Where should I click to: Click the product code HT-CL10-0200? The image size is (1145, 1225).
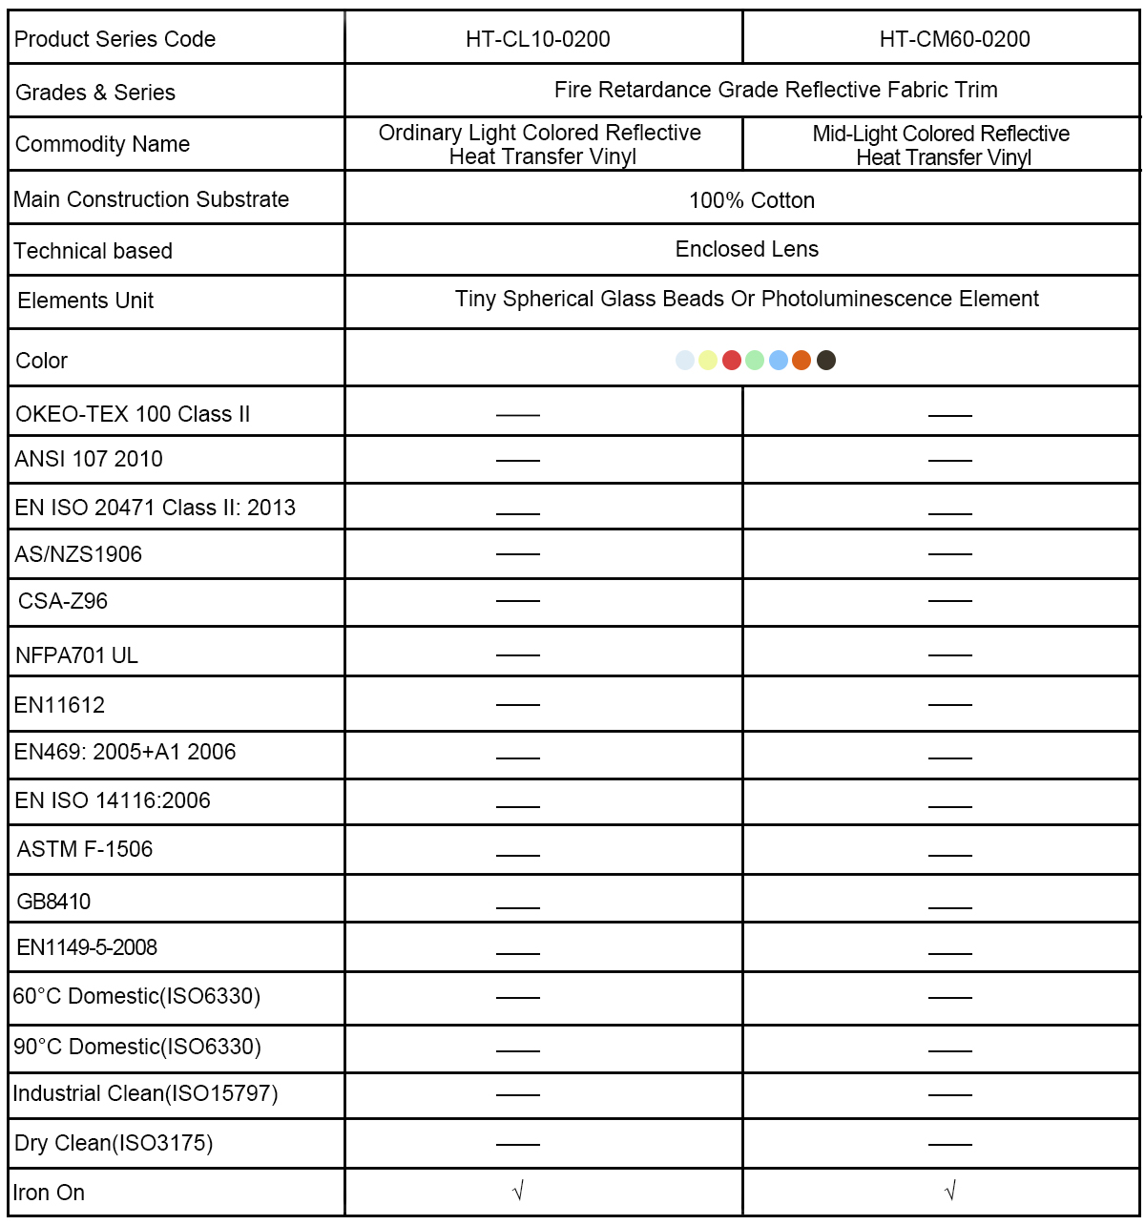tap(537, 39)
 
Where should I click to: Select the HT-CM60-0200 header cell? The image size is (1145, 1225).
tap(954, 39)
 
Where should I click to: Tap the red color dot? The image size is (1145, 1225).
tap(732, 360)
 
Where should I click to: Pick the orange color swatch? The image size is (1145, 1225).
tap(801, 360)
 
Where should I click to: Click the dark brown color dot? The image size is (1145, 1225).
tap(826, 360)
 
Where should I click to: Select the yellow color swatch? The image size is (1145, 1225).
tap(708, 360)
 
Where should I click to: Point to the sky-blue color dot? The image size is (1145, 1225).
tap(779, 360)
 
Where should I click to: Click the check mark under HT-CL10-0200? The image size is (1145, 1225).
tap(518, 1191)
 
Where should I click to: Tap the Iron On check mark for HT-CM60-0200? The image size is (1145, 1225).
tap(949, 1191)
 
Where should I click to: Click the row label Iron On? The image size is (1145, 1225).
tap(49, 1193)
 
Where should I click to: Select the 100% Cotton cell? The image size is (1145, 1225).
tap(752, 200)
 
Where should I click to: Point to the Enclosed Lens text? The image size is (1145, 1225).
tap(747, 249)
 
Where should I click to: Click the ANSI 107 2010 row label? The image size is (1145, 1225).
tap(89, 459)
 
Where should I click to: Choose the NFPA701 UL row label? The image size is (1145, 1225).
tap(76, 655)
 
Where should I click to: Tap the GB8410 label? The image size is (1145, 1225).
tap(53, 902)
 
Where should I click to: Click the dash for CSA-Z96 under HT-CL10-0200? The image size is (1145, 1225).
tap(518, 601)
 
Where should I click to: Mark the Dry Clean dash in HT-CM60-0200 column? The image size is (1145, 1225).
tap(949, 1143)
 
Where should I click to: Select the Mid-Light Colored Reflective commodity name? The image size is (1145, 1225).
tap(942, 145)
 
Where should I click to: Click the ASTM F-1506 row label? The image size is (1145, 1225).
tap(85, 849)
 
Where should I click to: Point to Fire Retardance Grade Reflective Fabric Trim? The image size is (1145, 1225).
tap(776, 90)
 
